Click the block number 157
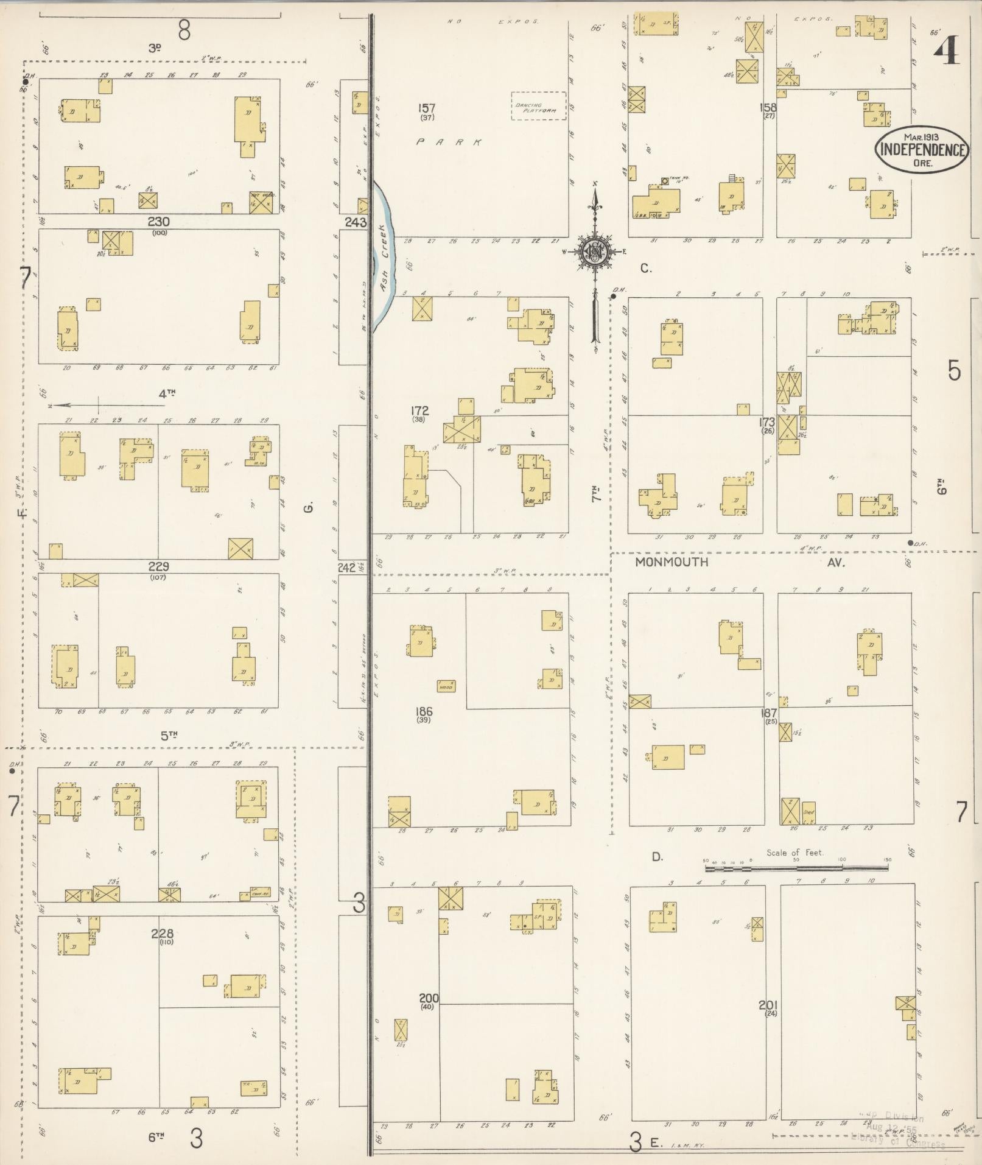click(x=427, y=108)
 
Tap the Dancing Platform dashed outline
click(x=538, y=106)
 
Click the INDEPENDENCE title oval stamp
click(x=922, y=149)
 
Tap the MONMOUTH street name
click(x=672, y=562)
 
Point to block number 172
click(x=419, y=410)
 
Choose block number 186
click(x=423, y=711)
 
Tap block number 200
click(x=429, y=998)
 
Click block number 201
click(x=768, y=1005)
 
